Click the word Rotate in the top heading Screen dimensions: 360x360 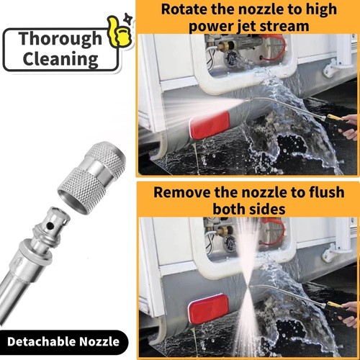point(186,10)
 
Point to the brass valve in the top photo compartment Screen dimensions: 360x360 point(229,50)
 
